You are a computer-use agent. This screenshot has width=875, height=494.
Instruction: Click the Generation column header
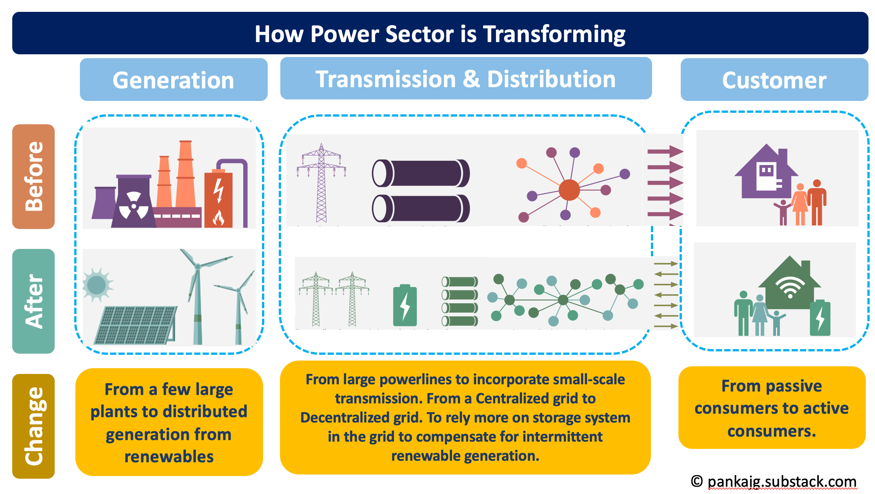[173, 80]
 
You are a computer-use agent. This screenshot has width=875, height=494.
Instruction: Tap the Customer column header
[774, 80]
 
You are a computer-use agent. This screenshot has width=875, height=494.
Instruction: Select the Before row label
[34, 176]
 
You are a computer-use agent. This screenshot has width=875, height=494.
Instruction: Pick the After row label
[34, 301]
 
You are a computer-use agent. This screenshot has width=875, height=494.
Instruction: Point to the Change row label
[34, 426]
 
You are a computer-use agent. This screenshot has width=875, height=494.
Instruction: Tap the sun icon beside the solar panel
[97, 285]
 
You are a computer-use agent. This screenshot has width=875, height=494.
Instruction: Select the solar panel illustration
[135, 325]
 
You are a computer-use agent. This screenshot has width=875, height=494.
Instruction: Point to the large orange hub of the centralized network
[569, 190]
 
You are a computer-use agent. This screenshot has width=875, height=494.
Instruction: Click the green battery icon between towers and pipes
[405, 305]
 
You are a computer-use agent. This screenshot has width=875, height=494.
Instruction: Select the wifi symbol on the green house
[790, 287]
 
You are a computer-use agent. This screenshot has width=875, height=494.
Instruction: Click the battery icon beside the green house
[820, 318]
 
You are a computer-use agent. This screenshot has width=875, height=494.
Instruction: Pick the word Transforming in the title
[554, 34]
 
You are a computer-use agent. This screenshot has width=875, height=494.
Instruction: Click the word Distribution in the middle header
[551, 79]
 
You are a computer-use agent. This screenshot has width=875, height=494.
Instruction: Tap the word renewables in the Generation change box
[169, 457]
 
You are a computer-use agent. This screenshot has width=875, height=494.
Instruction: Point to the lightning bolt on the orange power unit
[218, 190]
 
